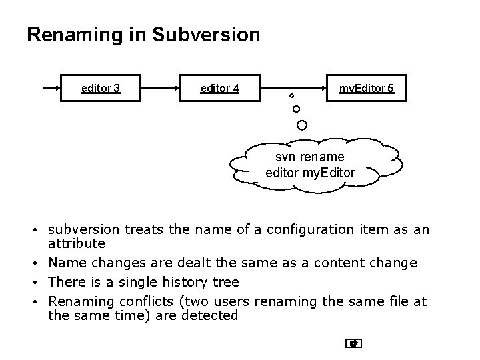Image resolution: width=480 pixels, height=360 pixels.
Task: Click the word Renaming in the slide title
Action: (x=73, y=35)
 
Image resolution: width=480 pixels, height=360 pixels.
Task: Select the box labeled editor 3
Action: (x=101, y=87)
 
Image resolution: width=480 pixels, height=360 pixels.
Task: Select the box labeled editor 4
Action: (x=219, y=87)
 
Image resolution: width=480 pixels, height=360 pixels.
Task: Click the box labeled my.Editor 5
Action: (x=366, y=87)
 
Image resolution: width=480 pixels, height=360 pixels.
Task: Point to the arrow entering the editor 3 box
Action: (x=51, y=87)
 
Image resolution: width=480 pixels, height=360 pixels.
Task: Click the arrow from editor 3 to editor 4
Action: (x=161, y=87)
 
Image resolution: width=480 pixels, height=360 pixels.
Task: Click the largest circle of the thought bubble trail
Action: (x=302, y=125)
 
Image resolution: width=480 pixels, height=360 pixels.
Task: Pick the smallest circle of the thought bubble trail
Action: (x=291, y=96)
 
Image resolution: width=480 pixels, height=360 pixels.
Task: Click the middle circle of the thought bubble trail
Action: (x=296, y=109)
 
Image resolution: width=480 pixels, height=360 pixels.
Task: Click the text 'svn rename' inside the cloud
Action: (x=310, y=157)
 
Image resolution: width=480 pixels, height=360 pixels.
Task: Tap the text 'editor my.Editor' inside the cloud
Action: (x=310, y=173)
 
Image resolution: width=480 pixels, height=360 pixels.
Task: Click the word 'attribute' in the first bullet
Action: (x=77, y=245)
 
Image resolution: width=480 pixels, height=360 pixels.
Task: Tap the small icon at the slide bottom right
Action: (x=353, y=343)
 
